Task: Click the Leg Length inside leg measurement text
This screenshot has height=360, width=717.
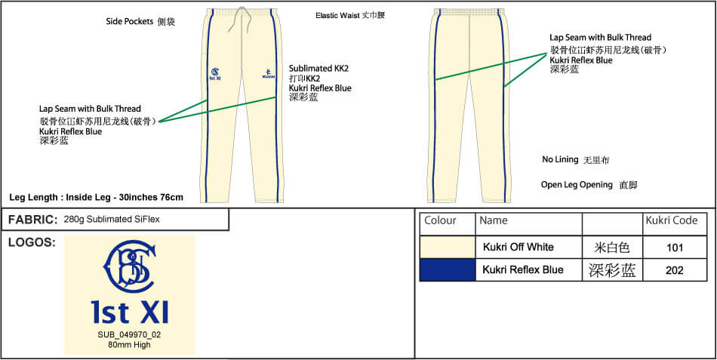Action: (x=96, y=197)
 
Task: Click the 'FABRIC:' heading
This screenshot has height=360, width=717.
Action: (x=32, y=220)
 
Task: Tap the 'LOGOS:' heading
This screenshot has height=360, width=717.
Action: (x=31, y=242)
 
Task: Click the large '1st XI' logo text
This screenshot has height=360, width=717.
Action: (x=130, y=312)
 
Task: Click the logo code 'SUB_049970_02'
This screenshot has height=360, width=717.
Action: (x=129, y=335)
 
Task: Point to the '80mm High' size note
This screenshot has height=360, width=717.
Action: (x=129, y=345)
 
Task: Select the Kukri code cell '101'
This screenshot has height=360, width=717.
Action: (x=675, y=248)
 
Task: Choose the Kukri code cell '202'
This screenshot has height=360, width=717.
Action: (x=675, y=270)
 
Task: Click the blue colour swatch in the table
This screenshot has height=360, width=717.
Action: (x=447, y=270)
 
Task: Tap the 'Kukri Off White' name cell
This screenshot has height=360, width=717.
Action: (x=519, y=248)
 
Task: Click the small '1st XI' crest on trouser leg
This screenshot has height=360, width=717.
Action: (x=214, y=73)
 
